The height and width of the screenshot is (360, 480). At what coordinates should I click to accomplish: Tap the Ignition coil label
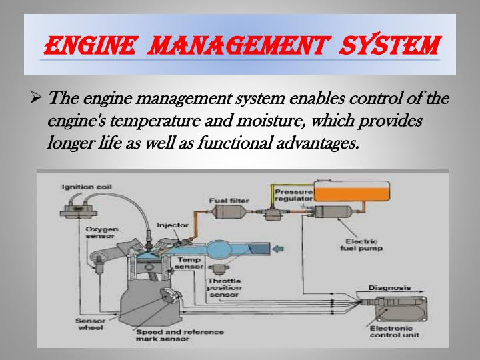pyautogui.click(x=86, y=187)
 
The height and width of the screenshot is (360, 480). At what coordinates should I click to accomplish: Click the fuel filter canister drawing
pyautogui.click(x=228, y=213)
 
